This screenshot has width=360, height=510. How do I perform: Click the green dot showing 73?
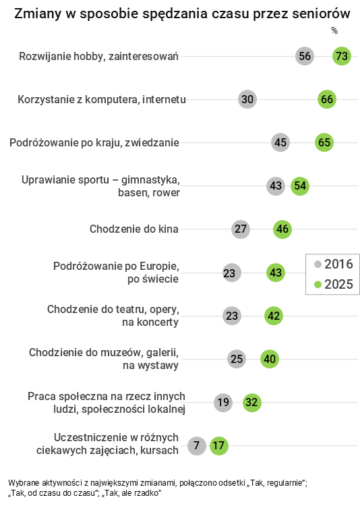[x=341, y=57]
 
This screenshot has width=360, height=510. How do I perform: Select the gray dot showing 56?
[x=305, y=57]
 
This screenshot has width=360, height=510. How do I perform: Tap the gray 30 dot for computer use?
[x=247, y=100]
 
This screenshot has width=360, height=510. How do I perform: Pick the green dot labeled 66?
[x=327, y=100]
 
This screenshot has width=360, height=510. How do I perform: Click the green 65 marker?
[x=324, y=142]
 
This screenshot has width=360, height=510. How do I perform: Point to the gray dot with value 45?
[x=280, y=142]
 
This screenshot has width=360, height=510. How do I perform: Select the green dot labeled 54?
[x=300, y=186]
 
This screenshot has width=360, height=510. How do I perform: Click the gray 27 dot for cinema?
[x=241, y=229]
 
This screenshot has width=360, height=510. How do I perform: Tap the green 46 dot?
[x=282, y=229]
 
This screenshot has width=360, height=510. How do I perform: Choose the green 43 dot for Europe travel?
[x=275, y=273]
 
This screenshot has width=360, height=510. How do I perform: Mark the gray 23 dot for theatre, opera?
[x=232, y=316]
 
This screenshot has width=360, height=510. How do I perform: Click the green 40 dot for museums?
[x=270, y=359]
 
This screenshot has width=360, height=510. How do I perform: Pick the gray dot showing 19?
[x=223, y=403]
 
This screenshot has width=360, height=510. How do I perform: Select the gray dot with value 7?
[x=196, y=446]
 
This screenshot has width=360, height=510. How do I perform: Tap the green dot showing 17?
[x=218, y=446]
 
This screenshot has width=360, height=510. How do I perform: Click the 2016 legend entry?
[x=333, y=264]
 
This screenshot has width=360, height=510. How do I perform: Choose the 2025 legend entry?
[x=333, y=285]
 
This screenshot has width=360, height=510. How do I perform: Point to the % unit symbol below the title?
[x=334, y=31]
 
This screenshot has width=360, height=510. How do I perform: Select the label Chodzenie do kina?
[x=133, y=229]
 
